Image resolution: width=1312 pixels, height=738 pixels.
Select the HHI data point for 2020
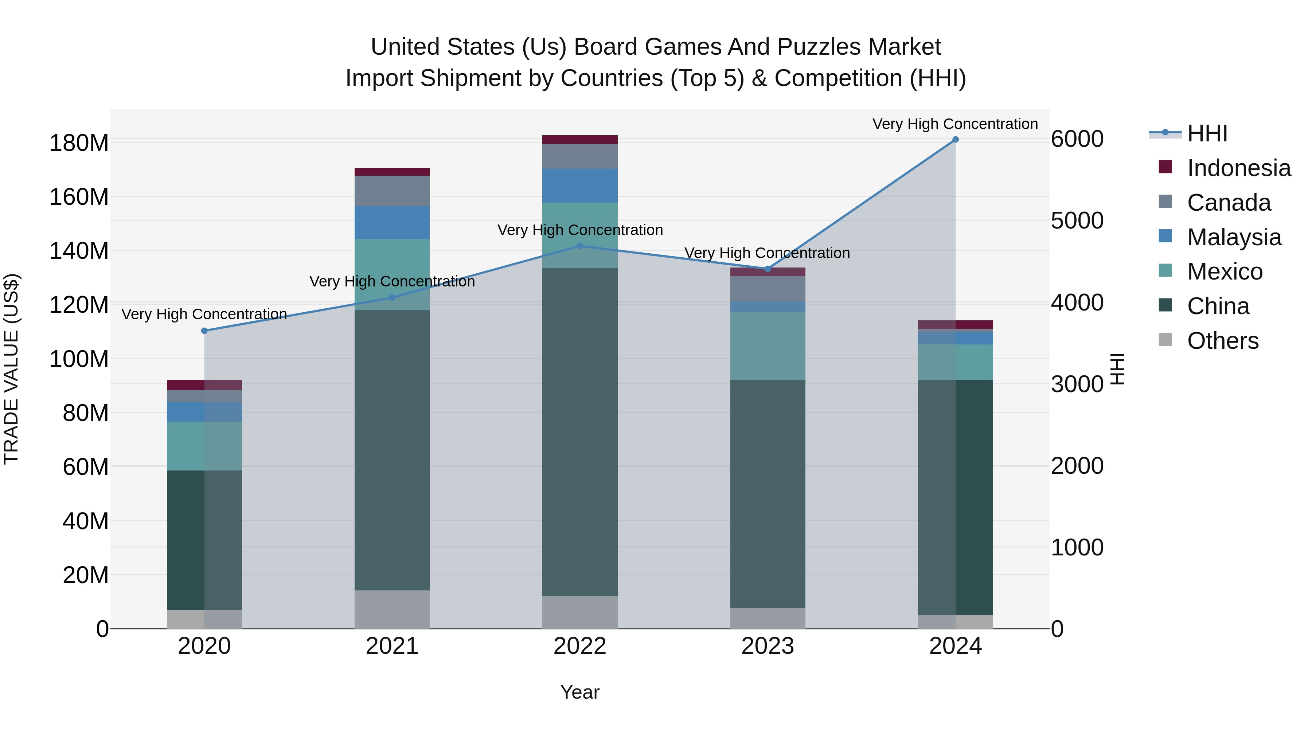tap(204, 331)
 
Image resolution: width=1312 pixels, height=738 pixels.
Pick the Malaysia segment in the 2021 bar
tap(392, 223)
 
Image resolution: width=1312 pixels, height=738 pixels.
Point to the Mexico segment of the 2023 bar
tap(768, 346)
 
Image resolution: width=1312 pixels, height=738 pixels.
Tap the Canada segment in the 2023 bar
tap(768, 288)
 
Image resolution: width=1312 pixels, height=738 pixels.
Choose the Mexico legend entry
tap(1225, 272)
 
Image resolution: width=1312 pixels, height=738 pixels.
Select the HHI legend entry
tap(1207, 133)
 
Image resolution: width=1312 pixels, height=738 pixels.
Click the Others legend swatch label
tap(1222, 341)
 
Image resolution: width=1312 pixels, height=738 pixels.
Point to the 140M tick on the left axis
tap(79, 251)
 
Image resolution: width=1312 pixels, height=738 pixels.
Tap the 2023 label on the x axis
tap(768, 646)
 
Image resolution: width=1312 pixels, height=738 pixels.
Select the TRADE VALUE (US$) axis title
tap(11, 369)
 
